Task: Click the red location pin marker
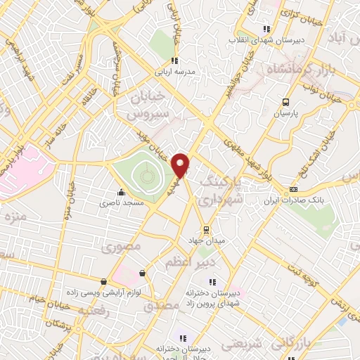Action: [181, 164]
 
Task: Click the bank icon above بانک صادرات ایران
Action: [294, 188]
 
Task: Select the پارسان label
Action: [285, 112]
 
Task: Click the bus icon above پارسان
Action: [285, 102]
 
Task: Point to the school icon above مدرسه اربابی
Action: [174, 60]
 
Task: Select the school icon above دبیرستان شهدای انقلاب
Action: [266, 29]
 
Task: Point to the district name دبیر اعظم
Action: [193, 262]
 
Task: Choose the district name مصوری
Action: [121, 247]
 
